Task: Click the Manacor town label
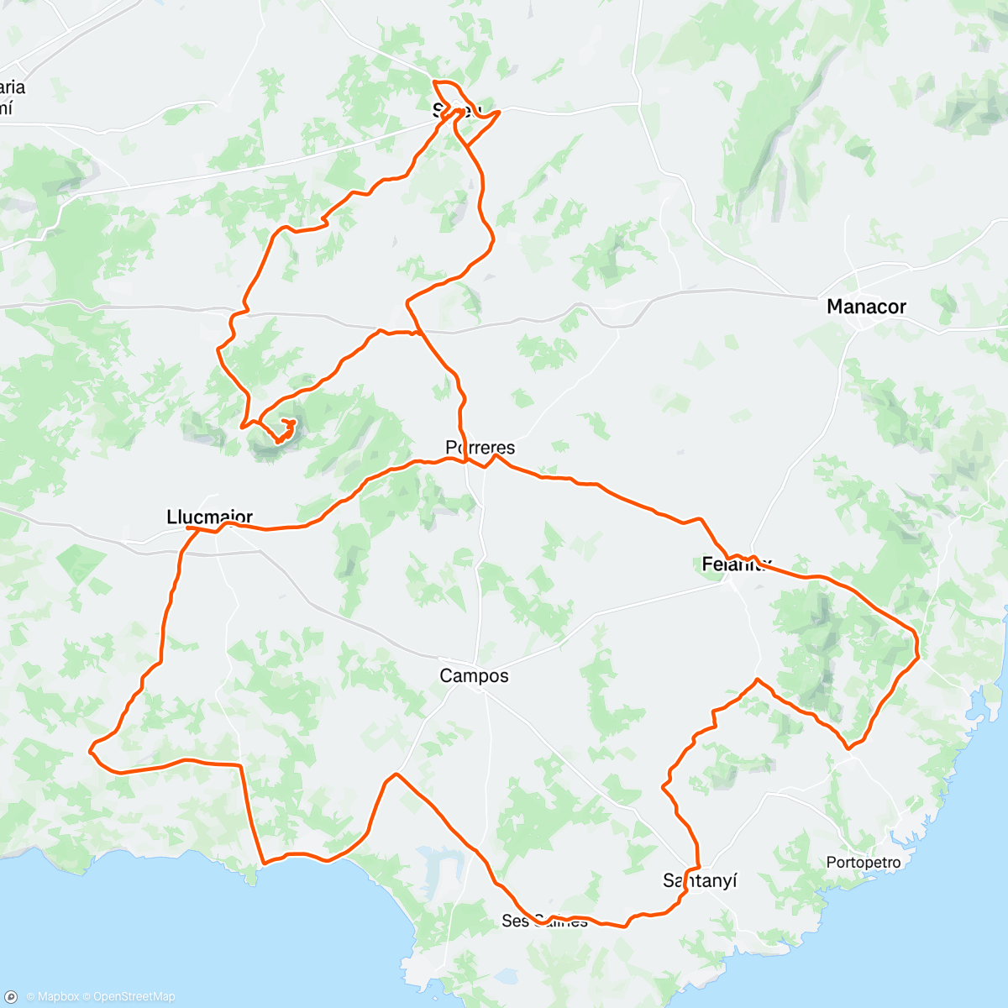(x=866, y=307)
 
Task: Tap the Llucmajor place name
(x=210, y=517)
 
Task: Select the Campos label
(x=474, y=675)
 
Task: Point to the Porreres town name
(x=480, y=447)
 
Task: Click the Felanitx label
(x=736, y=564)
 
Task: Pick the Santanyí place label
(x=700, y=880)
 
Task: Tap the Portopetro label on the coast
(x=863, y=862)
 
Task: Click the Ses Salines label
(x=544, y=921)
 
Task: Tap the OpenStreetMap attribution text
(x=134, y=996)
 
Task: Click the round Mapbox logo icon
(x=11, y=996)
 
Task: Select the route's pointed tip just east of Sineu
(x=500, y=111)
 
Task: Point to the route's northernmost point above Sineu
(x=434, y=81)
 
